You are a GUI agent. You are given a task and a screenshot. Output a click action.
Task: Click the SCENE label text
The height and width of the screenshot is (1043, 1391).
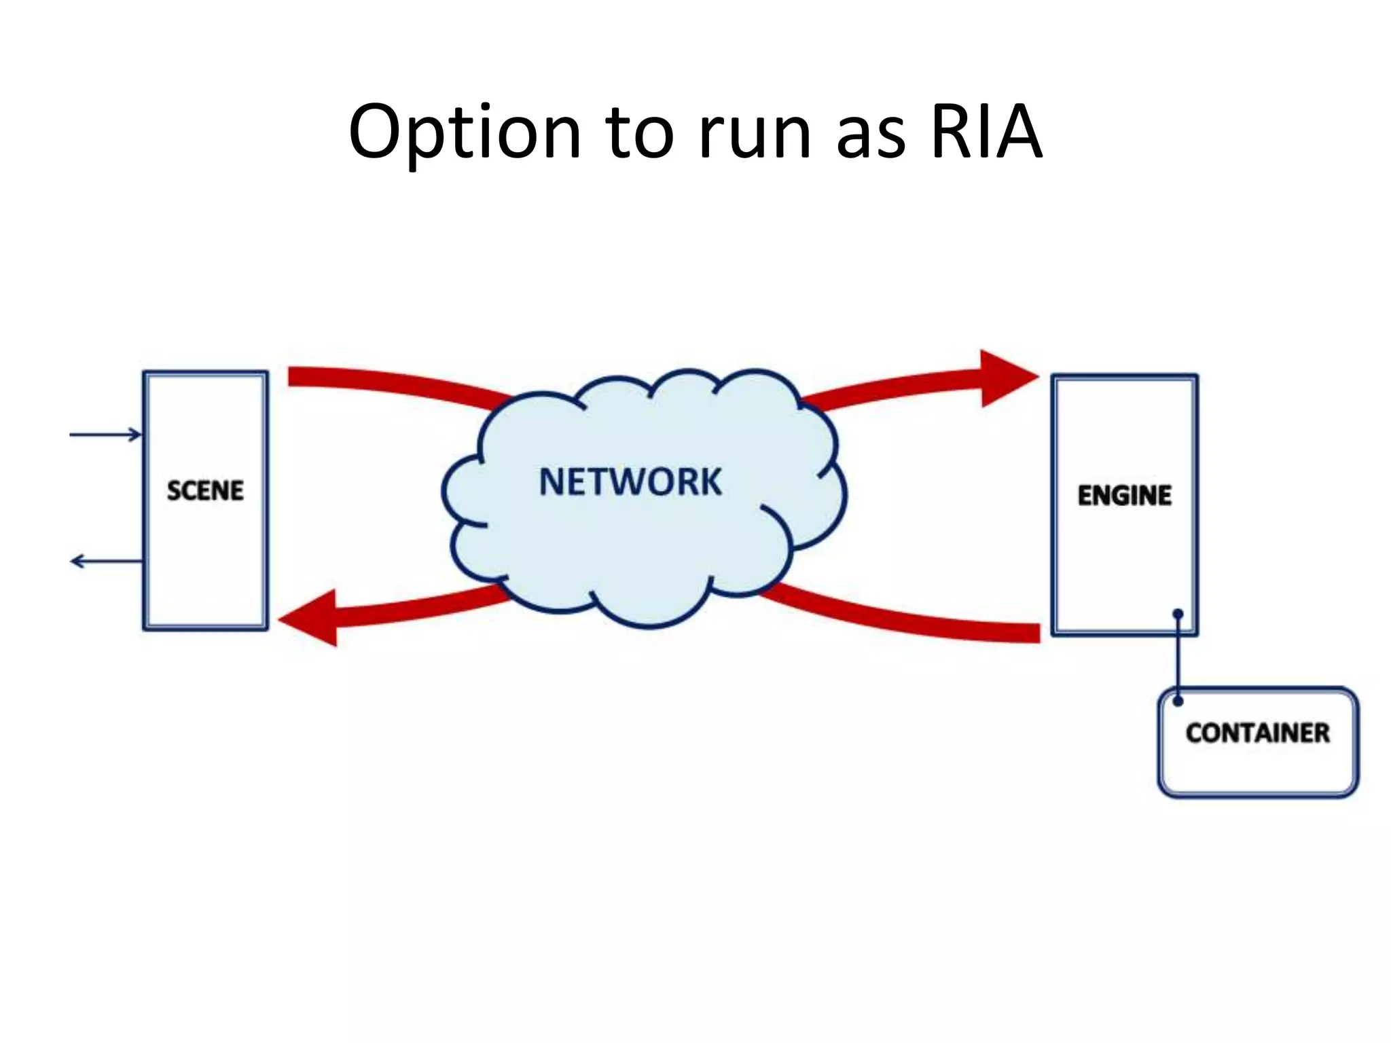(205, 490)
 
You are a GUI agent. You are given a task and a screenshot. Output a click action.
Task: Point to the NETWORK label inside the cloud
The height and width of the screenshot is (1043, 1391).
(630, 482)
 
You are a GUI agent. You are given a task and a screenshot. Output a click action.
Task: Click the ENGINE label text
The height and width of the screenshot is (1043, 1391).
(1125, 495)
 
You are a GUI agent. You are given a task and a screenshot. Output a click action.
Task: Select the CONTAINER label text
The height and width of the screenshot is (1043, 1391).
(1258, 733)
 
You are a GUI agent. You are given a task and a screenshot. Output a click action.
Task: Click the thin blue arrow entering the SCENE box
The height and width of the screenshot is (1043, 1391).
(105, 435)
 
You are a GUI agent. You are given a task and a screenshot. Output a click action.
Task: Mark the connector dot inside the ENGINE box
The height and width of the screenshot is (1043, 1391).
(1178, 614)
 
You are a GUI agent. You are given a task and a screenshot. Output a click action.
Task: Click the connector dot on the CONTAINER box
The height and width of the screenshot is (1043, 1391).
(1178, 701)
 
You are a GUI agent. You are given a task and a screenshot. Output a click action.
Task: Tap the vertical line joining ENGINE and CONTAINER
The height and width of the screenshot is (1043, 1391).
(1178, 657)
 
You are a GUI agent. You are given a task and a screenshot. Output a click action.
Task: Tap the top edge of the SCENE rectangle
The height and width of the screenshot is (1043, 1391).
(205, 373)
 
